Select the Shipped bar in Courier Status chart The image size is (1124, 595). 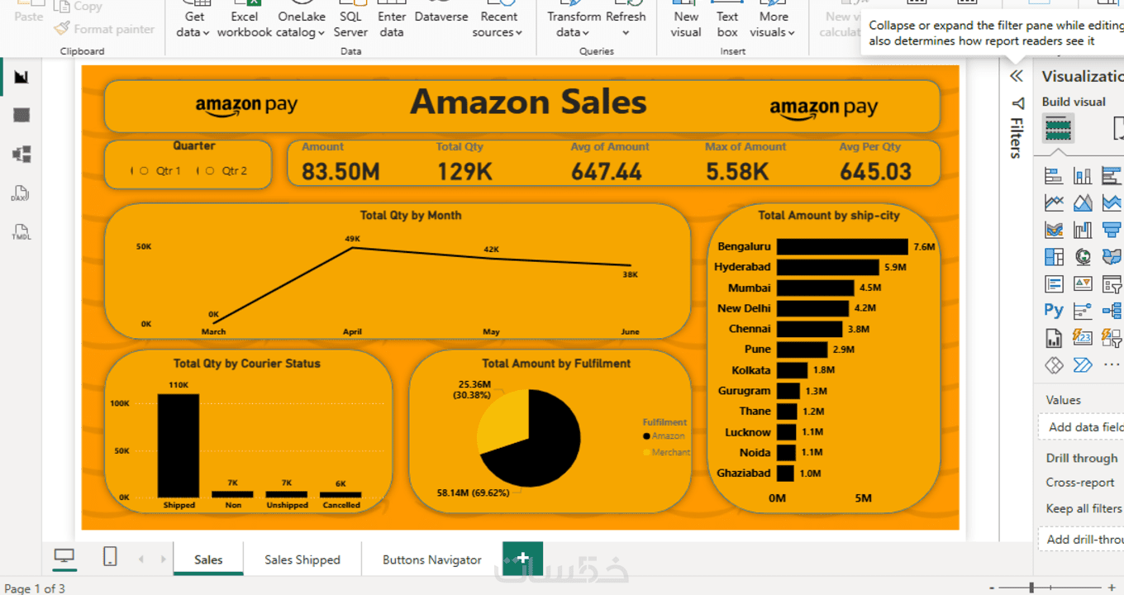(179, 445)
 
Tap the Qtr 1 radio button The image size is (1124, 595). (145, 171)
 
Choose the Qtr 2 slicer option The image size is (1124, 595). (210, 171)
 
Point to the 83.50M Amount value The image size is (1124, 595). (341, 171)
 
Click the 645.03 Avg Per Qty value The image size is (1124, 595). (875, 171)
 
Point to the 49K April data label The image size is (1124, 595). (353, 239)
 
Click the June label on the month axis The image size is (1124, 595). (630, 331)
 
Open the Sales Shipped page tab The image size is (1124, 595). (302, 559)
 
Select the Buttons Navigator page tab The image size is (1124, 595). (431, 559)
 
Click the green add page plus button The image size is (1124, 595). (522, 559)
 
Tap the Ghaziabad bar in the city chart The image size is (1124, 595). (785, 473)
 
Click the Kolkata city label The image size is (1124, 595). (750, 370)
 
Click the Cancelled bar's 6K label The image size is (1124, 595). (341, 483)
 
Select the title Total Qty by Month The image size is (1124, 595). (411, 215)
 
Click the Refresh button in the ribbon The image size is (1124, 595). (626, 23)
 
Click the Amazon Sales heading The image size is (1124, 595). (528, 102)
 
